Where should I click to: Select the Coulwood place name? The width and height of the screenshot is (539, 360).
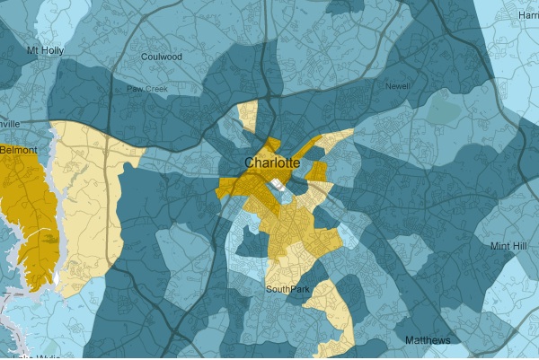pos(162,57)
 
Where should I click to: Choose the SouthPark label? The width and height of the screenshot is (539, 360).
pos(287,289)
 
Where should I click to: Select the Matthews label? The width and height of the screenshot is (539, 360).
pos(429,340)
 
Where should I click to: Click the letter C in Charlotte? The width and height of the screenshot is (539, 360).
pos(250,163)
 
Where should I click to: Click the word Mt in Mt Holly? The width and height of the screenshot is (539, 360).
pos(33,50)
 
